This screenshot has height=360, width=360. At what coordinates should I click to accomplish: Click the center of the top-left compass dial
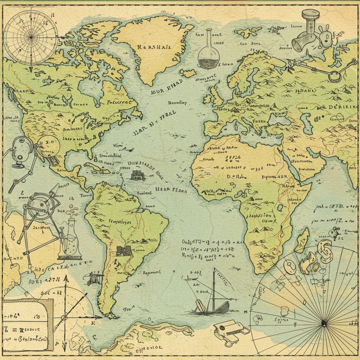(x=31, y=37)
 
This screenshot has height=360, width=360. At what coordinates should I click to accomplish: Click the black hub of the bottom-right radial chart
(x=323, y=322)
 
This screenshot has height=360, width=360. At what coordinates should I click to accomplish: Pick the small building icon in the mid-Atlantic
(x=137, y=176)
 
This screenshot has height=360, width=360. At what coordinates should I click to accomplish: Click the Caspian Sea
(x=307, y=124)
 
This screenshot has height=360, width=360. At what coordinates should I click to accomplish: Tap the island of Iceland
(x=188, y=74)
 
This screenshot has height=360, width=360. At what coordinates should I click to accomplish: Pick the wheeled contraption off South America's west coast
(x=95, y=278)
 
